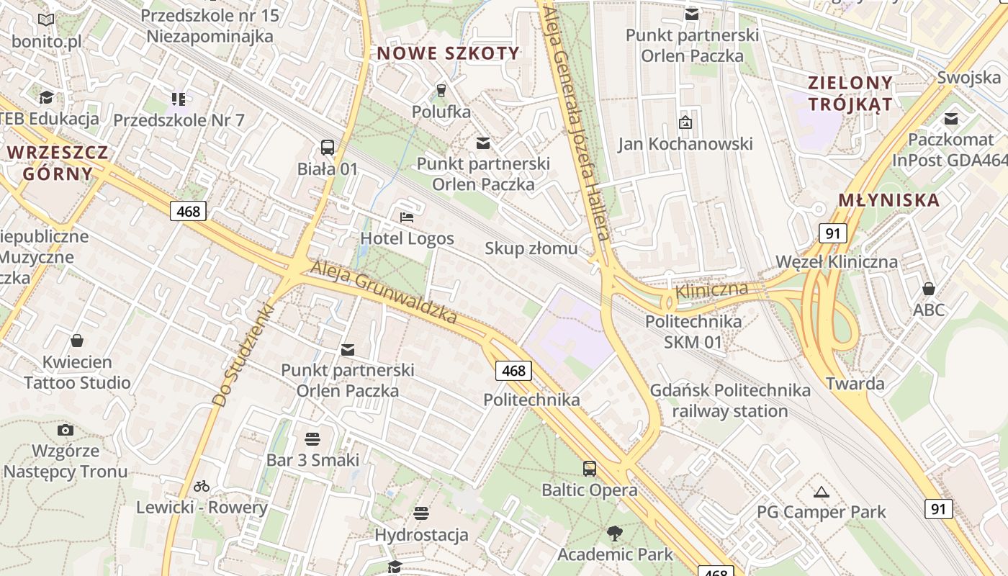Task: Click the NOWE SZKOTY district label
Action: pyautogui.click(x=448, y=53)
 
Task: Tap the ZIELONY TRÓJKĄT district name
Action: pyautogui.click(x=850, y=93)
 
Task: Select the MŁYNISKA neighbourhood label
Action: pyautogui.click(x=889, y=200)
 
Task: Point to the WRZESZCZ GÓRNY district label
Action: pyautogui.click(x=58, y=162)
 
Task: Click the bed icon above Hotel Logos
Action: pyautogui.click(x=407, y=217)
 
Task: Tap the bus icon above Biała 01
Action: pyautogui.click(x=328, y=148)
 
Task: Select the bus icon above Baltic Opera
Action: pyautogui.click(x=590, y=469)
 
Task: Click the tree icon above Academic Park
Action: pyautogui.click(x=615, y=534)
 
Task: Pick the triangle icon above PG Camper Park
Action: pyautogui.click(x=821, y=492)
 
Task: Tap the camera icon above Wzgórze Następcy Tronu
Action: pyautogui.click(x=66, y=430)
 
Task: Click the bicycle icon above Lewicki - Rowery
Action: pyautogui.click(x=202, y=486)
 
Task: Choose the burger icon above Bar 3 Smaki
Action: pyautogui.click(x=312, y=438)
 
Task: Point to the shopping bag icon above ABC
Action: pyautogui.click(x=929, y=289)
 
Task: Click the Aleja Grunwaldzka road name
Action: pyautogui.click(x=384, y=292)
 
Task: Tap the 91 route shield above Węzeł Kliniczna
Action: pyautogui.click(x=832, y=233)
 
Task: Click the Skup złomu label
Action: pyautogui.click(x=531, y=248)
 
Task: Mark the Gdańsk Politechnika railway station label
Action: pyautogui.click(x=730, y=400)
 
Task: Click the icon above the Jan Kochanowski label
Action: pyautogui.click(x=685, y=122)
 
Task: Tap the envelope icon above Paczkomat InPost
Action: pyautogui.click(x=951, y=119)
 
